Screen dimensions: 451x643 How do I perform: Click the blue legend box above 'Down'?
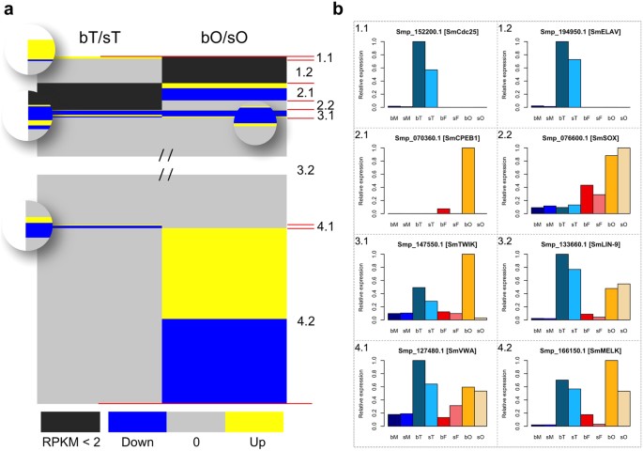[x=137, y=421]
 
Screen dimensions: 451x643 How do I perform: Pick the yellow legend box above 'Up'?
[x=254, y=421]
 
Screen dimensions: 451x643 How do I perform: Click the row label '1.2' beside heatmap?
[x=304, y=72]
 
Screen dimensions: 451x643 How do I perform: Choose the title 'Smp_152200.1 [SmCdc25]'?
[x=428, y=30]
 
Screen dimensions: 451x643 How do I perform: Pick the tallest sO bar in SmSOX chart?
[x=624, y=181]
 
